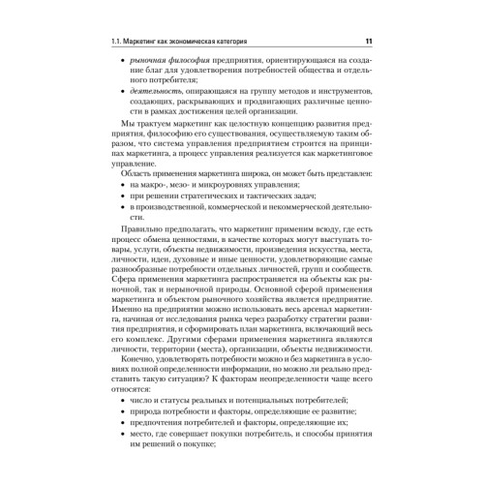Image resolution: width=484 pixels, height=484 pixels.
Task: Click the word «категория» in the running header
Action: click(222, 41)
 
